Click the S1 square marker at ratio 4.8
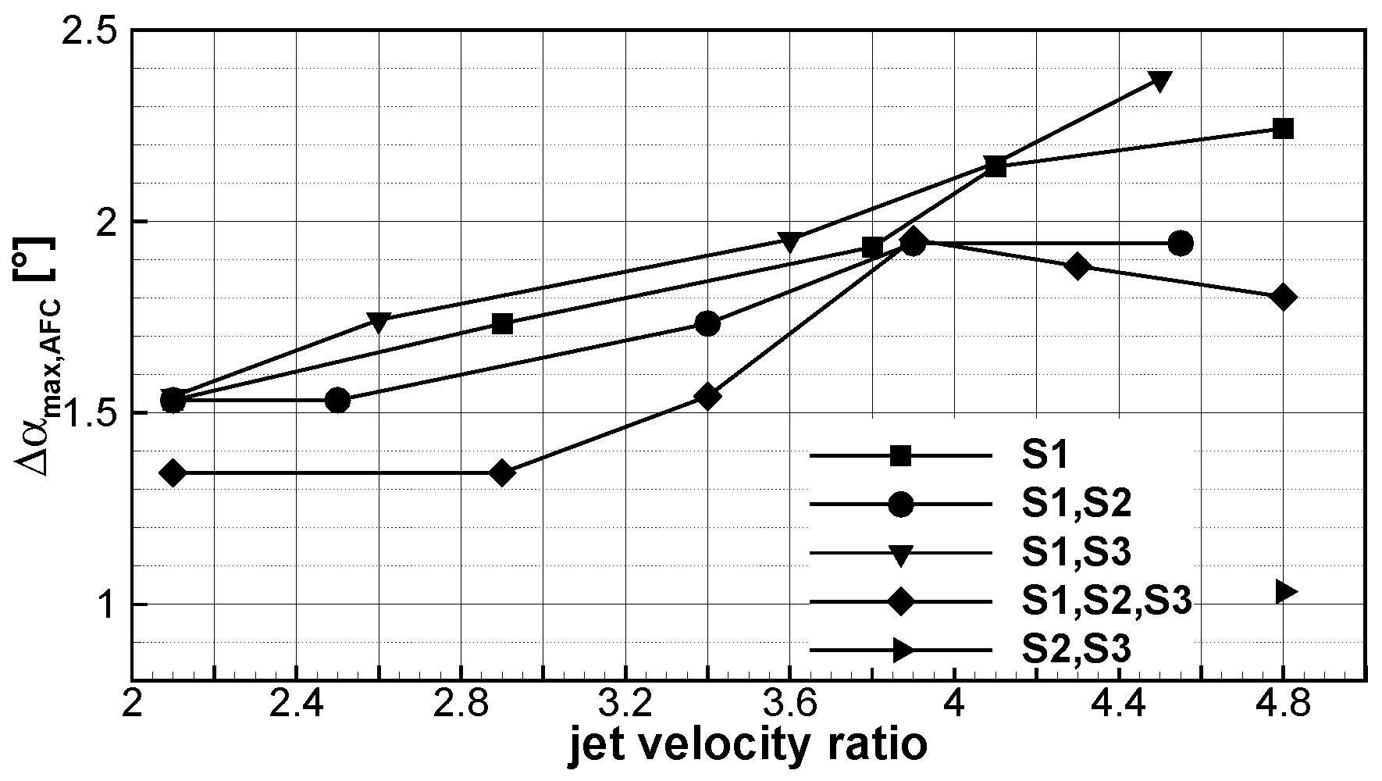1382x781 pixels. (x=1283, y=129)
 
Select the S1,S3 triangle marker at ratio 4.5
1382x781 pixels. (x=1159, y=80)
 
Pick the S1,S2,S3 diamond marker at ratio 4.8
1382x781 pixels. (x=1283, y=298)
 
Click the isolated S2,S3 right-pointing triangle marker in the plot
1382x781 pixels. (x=1284, y=591)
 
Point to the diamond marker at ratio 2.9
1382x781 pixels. (x=502, y=473)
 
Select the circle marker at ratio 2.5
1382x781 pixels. (x=337, y=401)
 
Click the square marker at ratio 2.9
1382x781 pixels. (x=502, y=324)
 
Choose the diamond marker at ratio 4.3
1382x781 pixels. (x=1077, y=266)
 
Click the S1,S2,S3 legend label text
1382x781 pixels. (x=1106, y=602)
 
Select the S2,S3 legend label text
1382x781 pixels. (x=1075, y=650)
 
